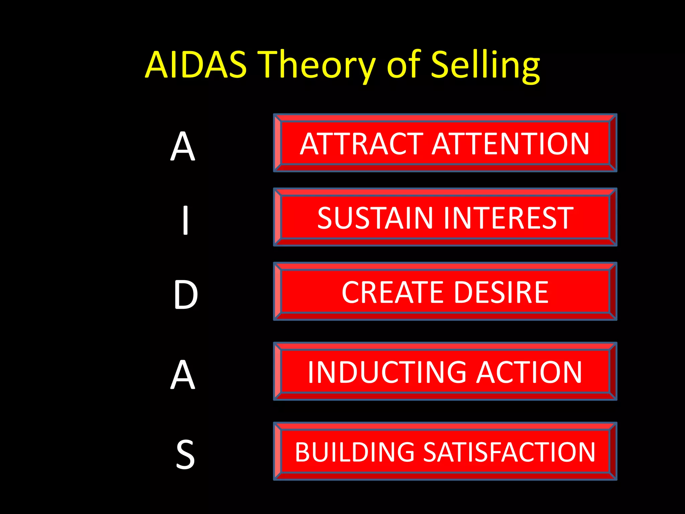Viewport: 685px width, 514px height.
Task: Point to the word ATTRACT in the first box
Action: pos(362,144)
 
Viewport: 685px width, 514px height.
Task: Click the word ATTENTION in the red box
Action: pos(510,144)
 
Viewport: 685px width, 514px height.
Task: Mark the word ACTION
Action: pos(529,372)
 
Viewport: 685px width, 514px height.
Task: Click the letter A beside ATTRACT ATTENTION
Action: pos(183,146)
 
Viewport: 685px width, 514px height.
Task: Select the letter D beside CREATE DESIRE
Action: pos(186,295)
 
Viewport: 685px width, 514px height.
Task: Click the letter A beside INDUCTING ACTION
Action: pos(183,375)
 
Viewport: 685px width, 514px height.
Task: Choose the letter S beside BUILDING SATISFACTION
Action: pos(185,454)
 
